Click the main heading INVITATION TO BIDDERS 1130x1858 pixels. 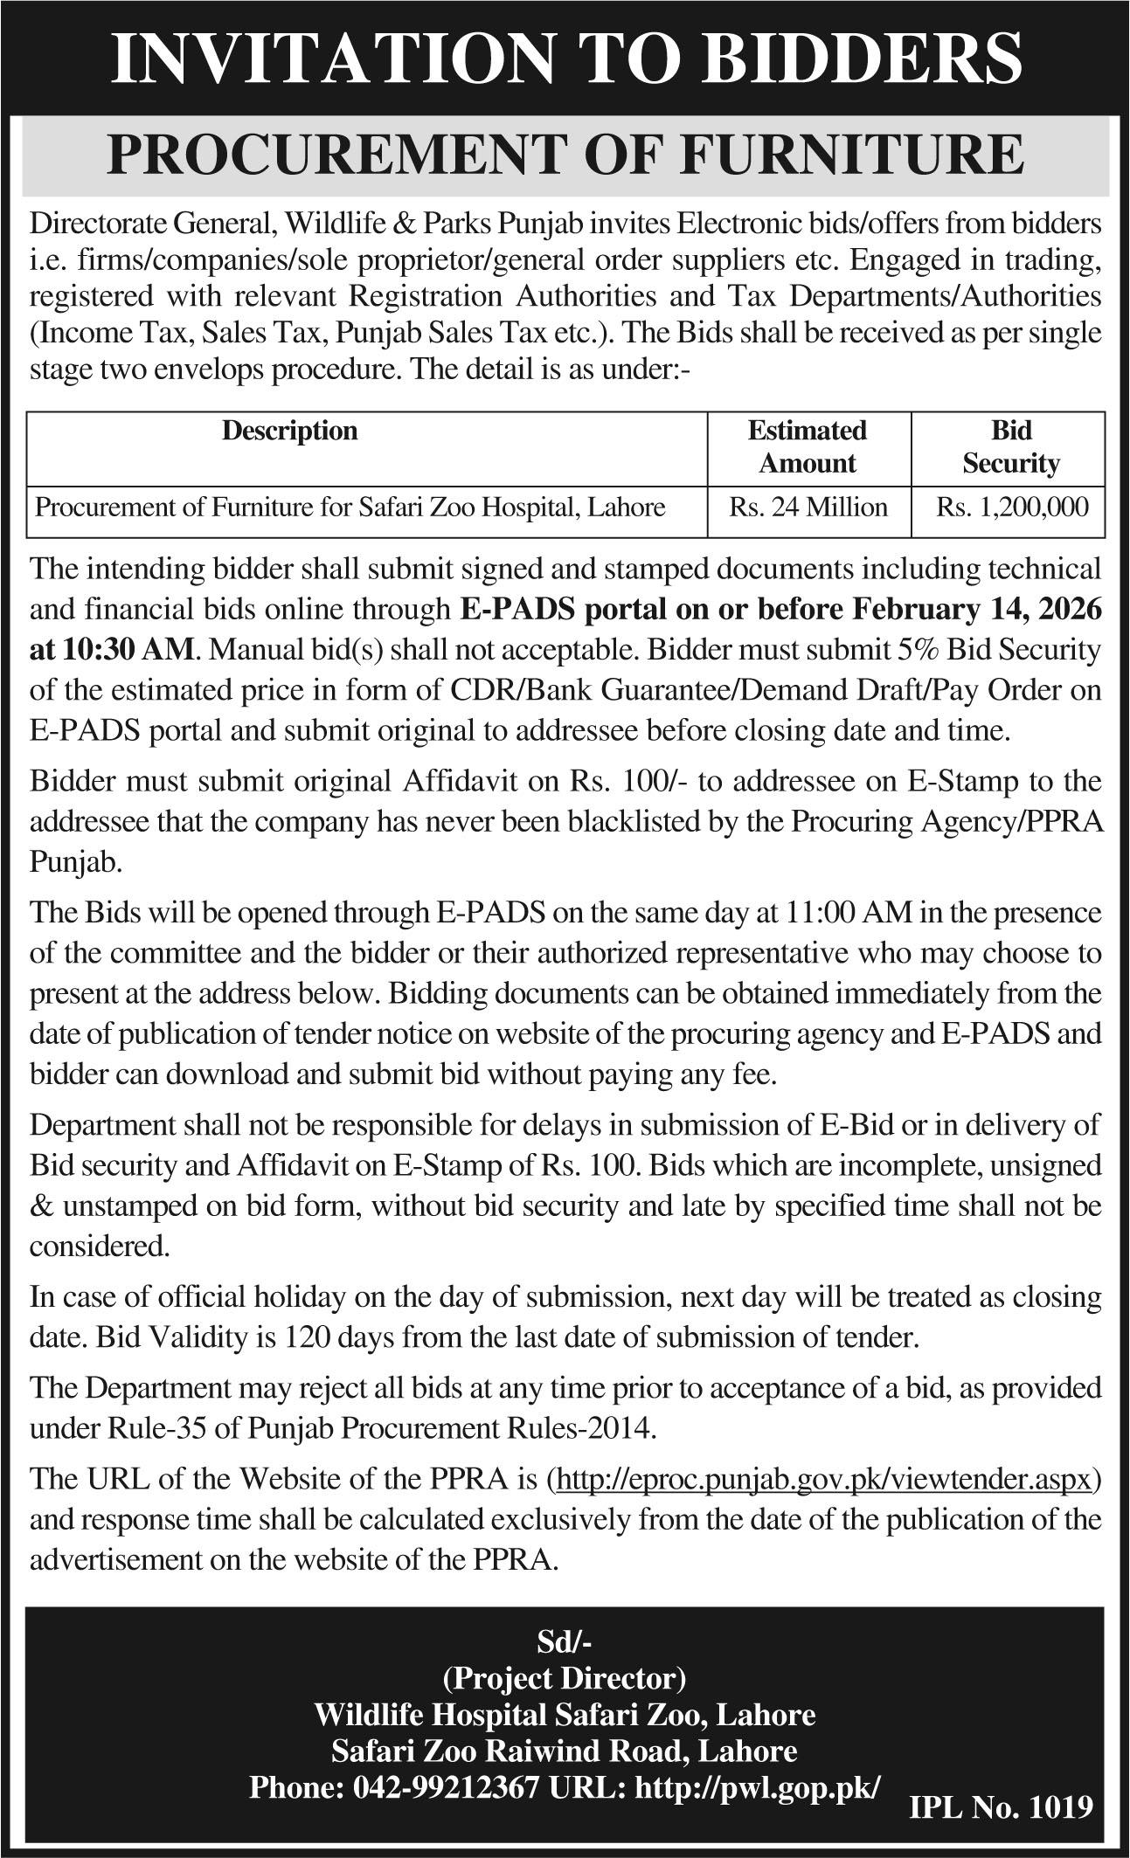tap(565, 58)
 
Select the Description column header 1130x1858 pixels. tap(289, 431)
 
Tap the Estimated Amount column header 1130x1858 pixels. tap(808, 446)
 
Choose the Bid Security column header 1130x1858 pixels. tap(1010, 446)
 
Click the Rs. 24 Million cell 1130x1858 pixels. tap(808, 507)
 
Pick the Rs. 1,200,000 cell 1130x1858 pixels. tap(1012, 507)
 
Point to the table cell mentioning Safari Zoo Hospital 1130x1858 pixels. tap(350, 507)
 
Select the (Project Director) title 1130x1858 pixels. tap(565, 1678)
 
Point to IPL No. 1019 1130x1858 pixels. tap(1002, 1806)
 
